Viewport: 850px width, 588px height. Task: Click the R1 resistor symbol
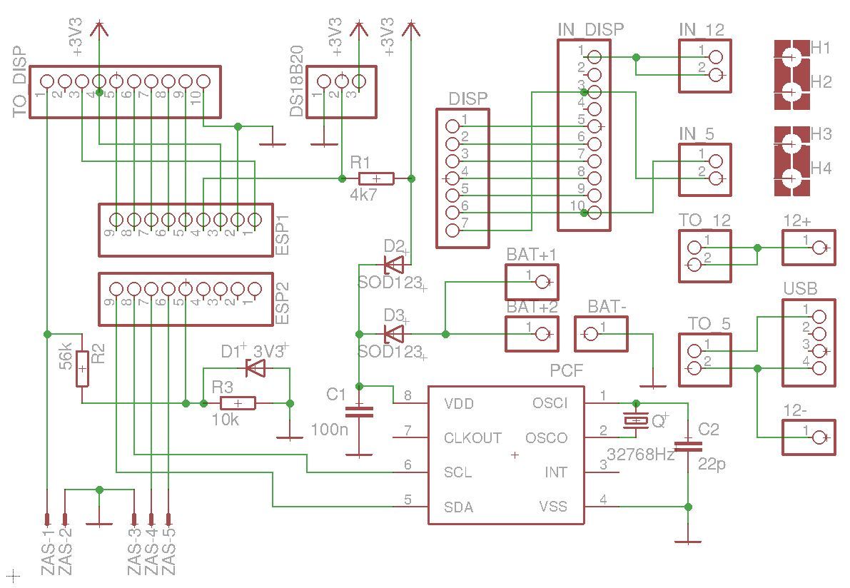click(376, 178)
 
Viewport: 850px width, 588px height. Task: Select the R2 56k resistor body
click(82, 368)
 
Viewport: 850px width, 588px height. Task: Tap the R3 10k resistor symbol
click(238, 403)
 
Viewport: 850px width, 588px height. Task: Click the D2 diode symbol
click(393, 265)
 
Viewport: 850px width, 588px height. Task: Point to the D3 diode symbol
click(393, 334)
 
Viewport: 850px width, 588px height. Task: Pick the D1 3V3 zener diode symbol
click(255, 368)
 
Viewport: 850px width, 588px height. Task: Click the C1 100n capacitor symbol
click(359, 412)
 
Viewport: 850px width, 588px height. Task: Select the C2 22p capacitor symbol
click(688, 447)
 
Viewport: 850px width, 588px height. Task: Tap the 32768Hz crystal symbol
click(636, 420)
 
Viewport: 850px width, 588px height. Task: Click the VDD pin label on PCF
click(459, 404)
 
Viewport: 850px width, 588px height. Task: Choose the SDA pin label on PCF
click(459, 507)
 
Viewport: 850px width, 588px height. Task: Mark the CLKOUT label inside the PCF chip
click(472, 438)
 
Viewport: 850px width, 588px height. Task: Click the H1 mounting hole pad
click(791, 57)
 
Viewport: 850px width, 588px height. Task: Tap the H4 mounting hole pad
click(791, 178)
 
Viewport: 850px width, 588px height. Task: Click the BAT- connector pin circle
click(592, 335)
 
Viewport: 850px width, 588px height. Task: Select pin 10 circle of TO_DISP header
click(203, 81)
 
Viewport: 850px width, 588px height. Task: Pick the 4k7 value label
click(363, 195)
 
